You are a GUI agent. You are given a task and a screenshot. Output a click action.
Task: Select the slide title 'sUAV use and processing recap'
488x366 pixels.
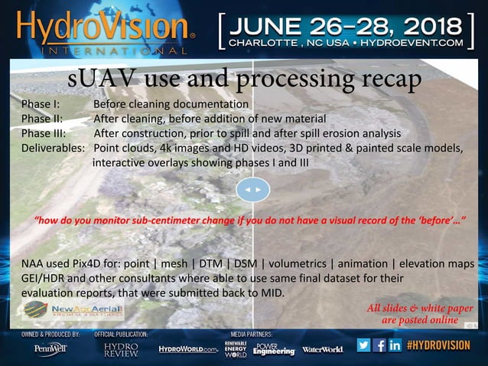(245, 79)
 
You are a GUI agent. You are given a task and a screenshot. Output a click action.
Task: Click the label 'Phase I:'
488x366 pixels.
(41, 104)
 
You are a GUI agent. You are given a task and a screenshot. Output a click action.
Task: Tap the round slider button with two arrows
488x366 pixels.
(252, 188)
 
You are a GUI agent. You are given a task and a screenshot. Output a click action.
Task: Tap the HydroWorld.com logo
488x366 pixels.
(188, 349)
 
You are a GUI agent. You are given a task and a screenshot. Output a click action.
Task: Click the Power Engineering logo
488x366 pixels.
(274, 349)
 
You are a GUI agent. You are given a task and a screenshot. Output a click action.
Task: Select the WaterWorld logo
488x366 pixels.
(323, 349)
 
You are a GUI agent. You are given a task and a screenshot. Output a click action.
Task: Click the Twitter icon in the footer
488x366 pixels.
(363, 345)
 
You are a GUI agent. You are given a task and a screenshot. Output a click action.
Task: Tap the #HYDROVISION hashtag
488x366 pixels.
(439, 345)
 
